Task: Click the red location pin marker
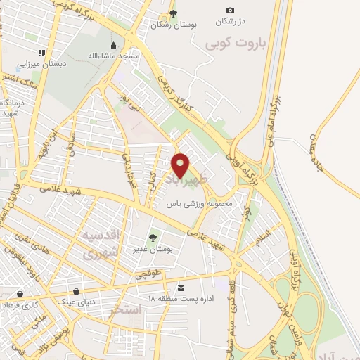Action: pos(181,165)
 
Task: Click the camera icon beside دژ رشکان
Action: pos(230,10)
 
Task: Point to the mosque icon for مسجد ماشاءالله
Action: pos(123,46)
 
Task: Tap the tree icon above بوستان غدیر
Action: pos(153,238)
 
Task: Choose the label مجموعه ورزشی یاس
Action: pos(199,204)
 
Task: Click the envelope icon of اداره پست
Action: pos(181,288)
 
